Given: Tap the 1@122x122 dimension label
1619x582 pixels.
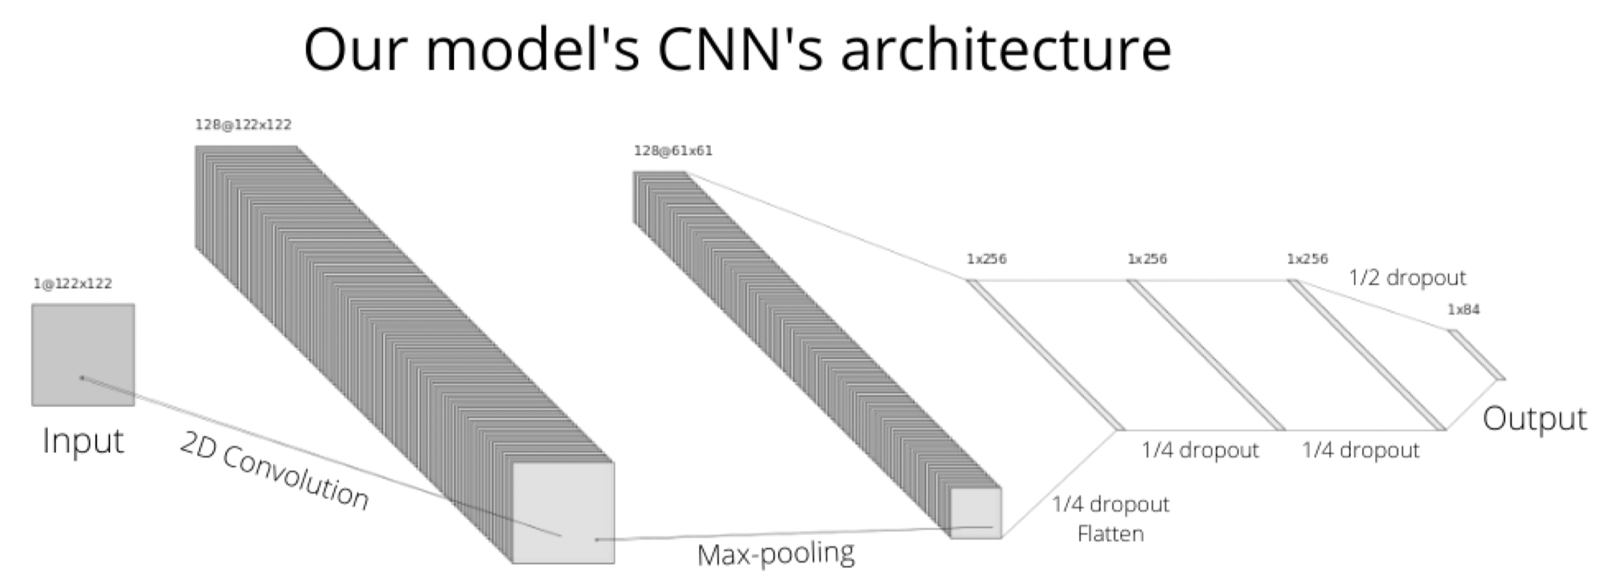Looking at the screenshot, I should tap(72, 284).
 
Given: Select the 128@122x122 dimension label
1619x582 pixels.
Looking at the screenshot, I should tap(243, 124).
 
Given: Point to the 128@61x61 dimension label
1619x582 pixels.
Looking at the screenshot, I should tap(673, 151).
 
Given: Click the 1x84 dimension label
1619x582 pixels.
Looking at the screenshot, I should tap(1464, 309).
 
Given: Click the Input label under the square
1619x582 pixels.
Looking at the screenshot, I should tap(83, 440).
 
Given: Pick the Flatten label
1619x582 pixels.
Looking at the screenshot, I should tap(1110, 534).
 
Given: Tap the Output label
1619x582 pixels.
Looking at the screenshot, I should tap(1534, 419).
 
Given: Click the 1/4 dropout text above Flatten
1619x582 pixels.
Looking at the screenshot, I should tap(1110, 504).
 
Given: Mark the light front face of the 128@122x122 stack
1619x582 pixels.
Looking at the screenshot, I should tap(564, 513).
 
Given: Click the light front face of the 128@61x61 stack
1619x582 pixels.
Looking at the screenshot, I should tap(975, 513).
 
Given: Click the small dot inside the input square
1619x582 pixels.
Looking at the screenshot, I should tap(82, 378).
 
